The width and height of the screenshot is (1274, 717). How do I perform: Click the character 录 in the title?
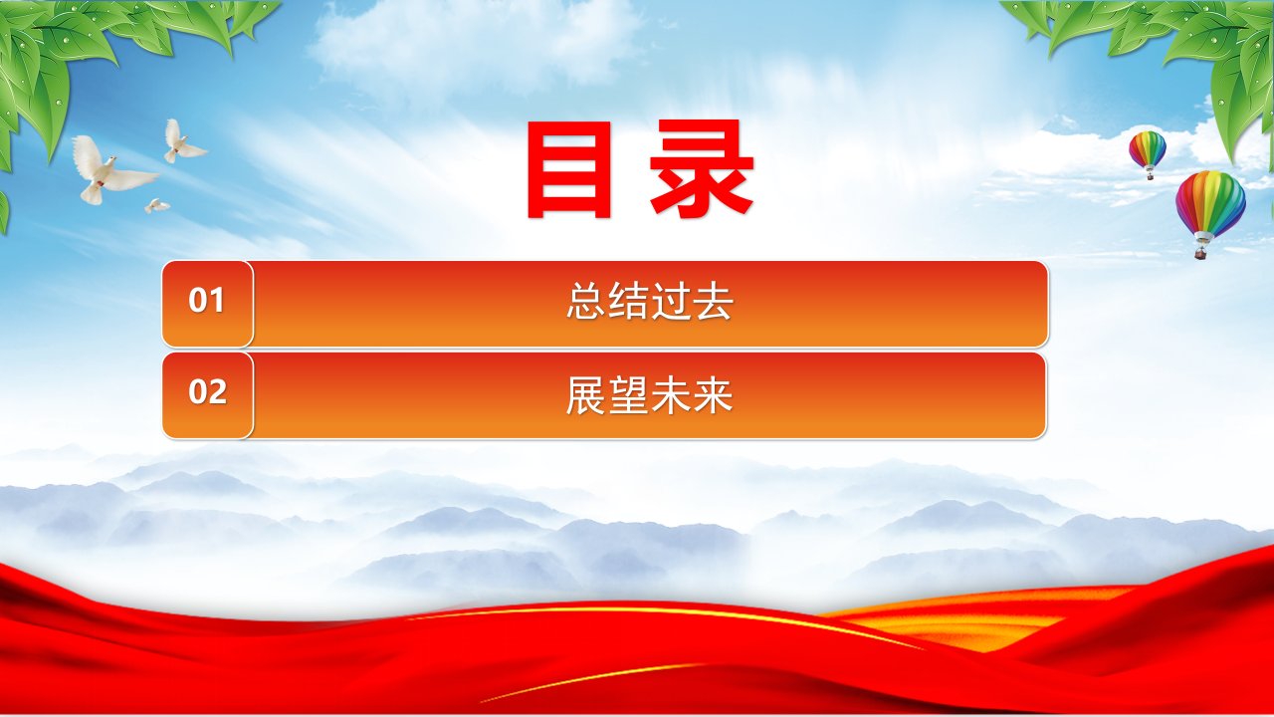(x=702, y=169)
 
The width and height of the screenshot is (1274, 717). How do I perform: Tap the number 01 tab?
(x=208, y=304)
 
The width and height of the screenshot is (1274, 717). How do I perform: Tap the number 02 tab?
(x=208, y=395)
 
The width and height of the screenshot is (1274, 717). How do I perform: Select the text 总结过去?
(x=650, y=301)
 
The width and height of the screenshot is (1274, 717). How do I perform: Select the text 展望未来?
(x=650, y=395)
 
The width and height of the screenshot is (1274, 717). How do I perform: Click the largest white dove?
(x=112, y=170)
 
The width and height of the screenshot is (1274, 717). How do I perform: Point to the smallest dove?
(x=156, y=205)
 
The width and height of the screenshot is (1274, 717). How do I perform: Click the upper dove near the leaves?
(x=183, y=141)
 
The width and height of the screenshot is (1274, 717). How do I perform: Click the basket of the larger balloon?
(x=1201, y=253)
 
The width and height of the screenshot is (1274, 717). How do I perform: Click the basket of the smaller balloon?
(x=1150, y=176)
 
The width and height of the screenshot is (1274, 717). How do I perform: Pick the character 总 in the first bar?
(x=586, y=301)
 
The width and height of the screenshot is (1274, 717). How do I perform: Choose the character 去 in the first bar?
(x=714, y=301)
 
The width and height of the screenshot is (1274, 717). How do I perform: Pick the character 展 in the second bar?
(x=586, y=395)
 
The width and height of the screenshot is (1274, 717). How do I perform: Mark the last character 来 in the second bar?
(x=714, y=395)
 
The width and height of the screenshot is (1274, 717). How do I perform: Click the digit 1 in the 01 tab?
(x=217, y=300)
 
